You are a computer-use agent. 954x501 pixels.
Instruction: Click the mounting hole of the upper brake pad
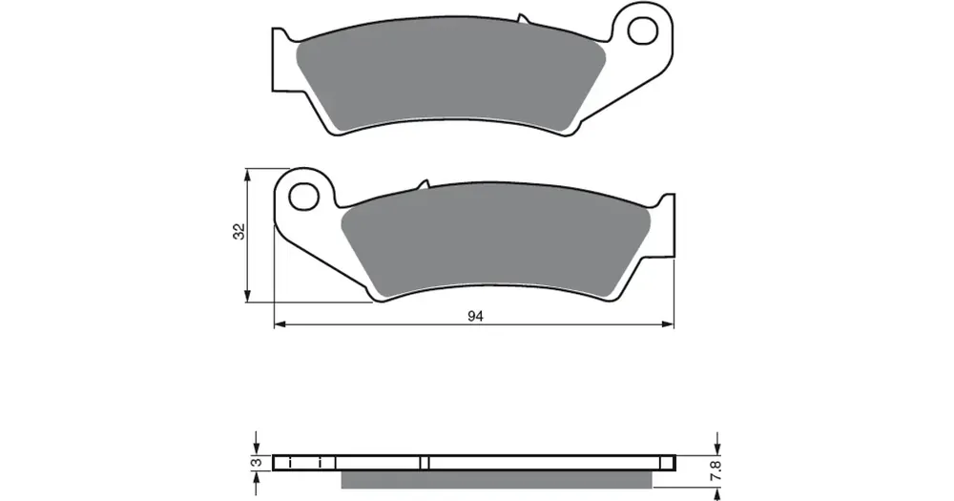click(642, 31)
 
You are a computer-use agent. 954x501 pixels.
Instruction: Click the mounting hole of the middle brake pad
click(303, 197)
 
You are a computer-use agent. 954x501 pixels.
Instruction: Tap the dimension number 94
click(475, 316)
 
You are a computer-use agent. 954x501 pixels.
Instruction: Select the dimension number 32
click(239, 231)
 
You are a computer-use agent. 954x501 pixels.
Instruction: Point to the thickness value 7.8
click(715, 471)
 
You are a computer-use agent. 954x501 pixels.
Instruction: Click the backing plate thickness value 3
click(258, 463)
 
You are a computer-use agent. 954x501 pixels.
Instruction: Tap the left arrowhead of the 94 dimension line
click(280, 325)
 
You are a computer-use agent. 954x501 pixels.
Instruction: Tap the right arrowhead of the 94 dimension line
click(668, 325)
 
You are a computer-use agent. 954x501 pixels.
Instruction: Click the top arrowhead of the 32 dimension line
click(247, 175)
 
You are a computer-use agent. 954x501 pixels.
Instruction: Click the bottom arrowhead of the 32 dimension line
click(247, 296)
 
